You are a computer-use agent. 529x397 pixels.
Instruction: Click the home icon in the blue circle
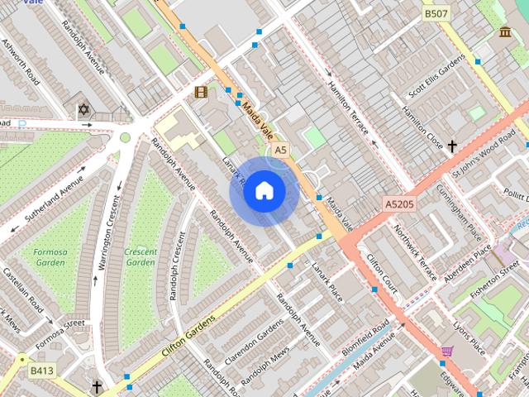point(264,191)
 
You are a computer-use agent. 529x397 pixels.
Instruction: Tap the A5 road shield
point(281,150)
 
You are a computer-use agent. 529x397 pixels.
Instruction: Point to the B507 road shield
point(436,14)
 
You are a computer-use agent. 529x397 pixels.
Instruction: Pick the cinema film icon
point(201,92)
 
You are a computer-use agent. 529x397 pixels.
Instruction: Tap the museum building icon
point(505,32)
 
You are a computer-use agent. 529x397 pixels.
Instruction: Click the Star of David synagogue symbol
point(83,110)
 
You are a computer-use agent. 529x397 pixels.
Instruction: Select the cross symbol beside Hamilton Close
point(452,146)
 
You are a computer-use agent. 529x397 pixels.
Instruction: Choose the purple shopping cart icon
point(447,352)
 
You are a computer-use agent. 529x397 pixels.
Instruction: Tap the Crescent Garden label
point(141,256)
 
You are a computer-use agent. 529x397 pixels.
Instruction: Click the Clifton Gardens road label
point(188,335)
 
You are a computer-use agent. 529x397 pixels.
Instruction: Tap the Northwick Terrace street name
point(415,252)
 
